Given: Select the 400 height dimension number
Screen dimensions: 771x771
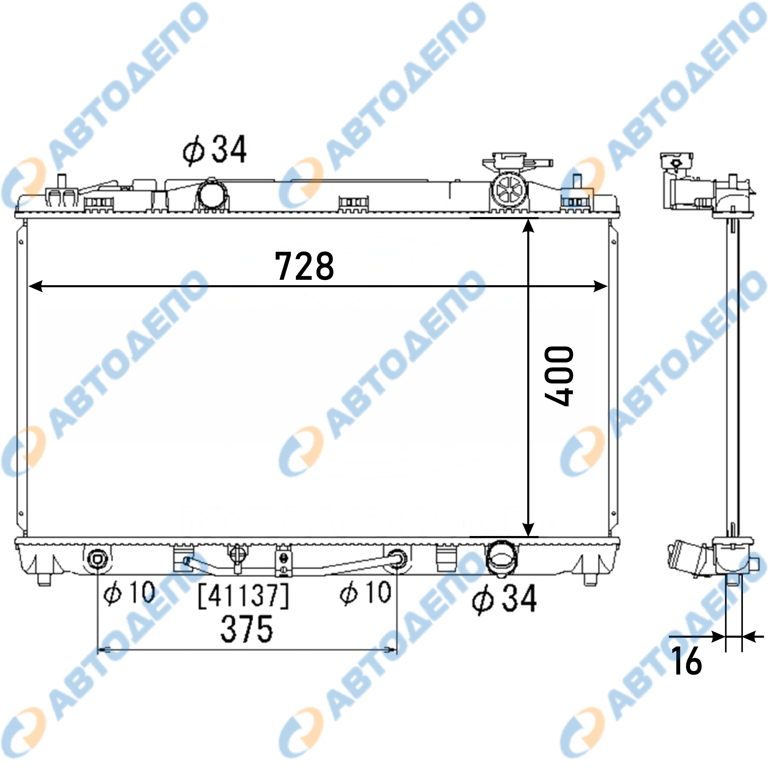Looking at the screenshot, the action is [559, 376].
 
